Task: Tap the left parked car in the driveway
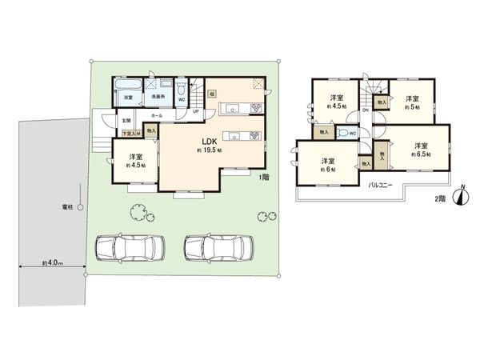(x=128, y=249)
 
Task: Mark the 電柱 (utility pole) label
(x=69, y=206)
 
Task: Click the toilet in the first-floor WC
(x=181, y=89)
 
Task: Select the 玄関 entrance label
(x=126, y=121)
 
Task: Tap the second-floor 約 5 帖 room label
(x=411, y=102)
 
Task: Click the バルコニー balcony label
(x=378, y=184)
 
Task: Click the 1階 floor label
(x=263, y=178)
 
